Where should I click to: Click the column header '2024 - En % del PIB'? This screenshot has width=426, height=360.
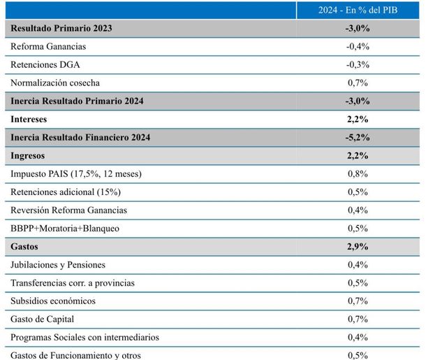(358, 10)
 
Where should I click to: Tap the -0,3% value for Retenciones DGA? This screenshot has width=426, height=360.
(358, 65)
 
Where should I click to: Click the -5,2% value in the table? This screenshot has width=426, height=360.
(358, 138)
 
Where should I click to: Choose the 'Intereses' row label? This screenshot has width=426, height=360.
(29, 120)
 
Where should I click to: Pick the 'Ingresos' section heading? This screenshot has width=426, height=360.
(29, 156)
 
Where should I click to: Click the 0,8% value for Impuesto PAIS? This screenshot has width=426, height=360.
(358, 174)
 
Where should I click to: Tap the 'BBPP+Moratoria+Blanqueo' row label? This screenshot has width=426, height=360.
(65, 229)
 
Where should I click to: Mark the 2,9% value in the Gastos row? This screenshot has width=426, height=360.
(358, 247)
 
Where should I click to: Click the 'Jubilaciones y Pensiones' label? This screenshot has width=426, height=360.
(58, 265)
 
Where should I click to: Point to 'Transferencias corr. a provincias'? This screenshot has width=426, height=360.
(73, 283)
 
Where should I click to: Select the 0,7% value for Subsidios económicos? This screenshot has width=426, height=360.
(358, 301)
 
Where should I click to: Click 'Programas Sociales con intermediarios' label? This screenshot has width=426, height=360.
(85, 338)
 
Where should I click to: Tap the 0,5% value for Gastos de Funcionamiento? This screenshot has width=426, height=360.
(358, 354)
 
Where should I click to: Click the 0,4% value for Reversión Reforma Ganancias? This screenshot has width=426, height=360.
(358, 210)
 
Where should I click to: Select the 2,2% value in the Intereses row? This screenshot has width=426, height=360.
(358, 120)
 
